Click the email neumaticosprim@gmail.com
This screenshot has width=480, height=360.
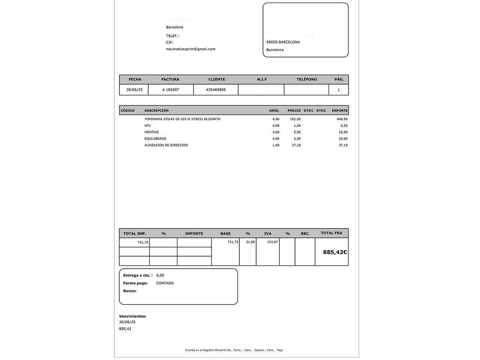point(190,49)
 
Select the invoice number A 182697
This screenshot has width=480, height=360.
point(171,90)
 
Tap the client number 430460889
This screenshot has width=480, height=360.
point(216,90)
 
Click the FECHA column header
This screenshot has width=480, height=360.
point(135,79)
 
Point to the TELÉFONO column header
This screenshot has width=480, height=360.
point(306,79)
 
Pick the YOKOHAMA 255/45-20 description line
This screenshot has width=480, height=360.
point(182,119)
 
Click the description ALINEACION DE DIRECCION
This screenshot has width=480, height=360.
point(166,145)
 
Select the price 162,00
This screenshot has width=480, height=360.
point(295,119)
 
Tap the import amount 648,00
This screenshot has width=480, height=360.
point(342,119)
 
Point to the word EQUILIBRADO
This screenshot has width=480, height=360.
point(155,139)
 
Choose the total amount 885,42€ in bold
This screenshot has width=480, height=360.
point(335,252)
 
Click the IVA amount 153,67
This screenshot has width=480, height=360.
point(272,242)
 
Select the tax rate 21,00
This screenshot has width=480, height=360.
point(250,242)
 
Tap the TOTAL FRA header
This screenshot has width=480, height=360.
point(331,233)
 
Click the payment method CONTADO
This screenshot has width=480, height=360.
point(165,283)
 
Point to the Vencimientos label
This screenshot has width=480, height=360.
point(133,316)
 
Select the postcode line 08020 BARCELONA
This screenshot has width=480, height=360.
point(283,42)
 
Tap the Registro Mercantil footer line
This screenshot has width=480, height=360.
point(234,350)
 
